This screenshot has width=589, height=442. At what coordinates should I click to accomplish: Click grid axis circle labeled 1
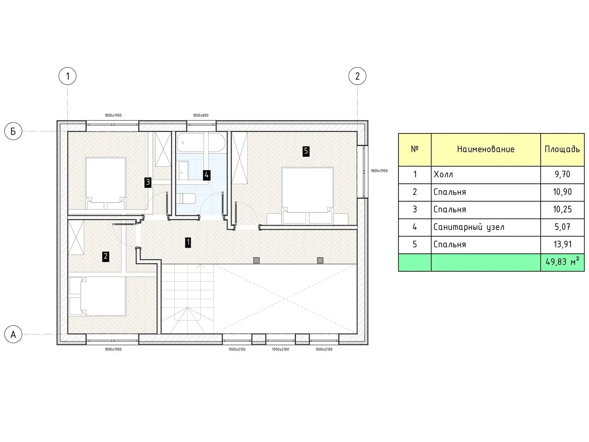[x=67, y=76]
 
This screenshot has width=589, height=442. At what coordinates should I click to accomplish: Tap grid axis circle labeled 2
[x=357, y=76]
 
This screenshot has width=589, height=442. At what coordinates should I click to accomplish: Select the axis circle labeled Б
[x=13, y=131]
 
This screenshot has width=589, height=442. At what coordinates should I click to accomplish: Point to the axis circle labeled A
[x=13, y=334]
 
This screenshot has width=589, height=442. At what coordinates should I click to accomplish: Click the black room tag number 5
[x=306, y=151]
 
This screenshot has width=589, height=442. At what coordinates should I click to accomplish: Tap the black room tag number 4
[x=206, y=175]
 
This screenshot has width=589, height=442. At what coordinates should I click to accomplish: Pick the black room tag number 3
[x=148, y=183]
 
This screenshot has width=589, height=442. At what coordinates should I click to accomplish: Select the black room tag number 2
[x=106, y=257]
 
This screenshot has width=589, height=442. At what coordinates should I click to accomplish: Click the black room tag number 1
[x=188, y=243]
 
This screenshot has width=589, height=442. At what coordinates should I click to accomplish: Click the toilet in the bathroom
[x=186, y=199]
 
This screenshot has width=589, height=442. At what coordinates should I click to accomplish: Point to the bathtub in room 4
[x=201, y=142]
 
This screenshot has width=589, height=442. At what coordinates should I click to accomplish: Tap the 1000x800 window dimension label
[x=201, y=115]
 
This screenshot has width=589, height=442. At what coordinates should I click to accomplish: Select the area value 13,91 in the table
[x=562, y=244]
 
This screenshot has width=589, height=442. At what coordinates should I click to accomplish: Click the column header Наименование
[x=486, y=149]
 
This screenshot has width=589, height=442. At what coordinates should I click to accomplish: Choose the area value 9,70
[x=562, y=175]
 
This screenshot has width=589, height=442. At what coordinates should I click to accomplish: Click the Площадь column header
[x=562, y=149]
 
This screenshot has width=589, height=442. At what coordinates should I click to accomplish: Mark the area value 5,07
[x=562, y=227]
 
